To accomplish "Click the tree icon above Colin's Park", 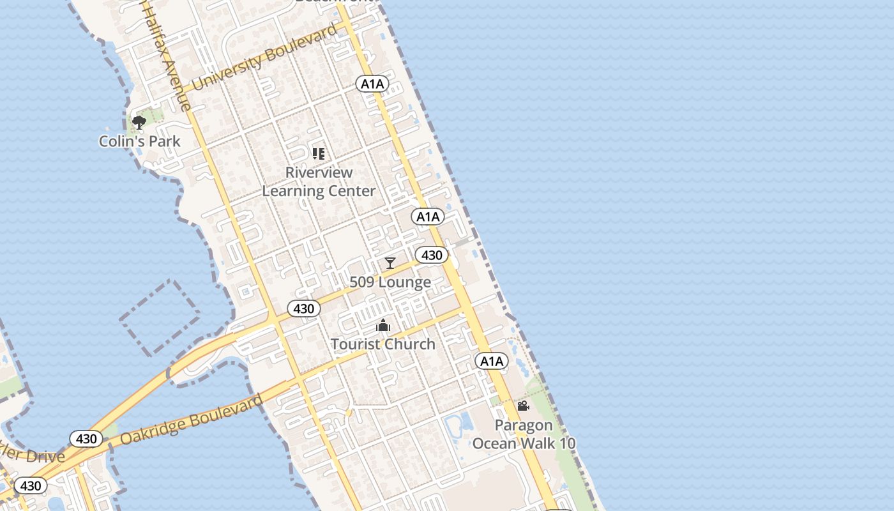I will point(139,122).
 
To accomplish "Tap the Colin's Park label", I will point(140,141).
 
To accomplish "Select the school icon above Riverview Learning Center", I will point(319,153).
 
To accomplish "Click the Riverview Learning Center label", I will point(319,182).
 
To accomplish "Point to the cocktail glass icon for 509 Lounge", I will point(390,263).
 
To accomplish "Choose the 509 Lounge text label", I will point(390,282).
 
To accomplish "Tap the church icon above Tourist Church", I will point(383,326).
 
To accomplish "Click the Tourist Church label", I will point(383,344).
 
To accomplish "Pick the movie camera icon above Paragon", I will point(523,406).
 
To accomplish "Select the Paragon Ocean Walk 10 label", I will point(524,434).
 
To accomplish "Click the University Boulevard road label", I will point(265,58).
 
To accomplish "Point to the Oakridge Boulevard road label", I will point(191,421).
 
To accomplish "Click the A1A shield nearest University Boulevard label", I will point(372,84).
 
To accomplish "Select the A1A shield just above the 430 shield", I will point(428,217).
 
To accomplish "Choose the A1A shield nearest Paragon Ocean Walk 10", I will point(492,362).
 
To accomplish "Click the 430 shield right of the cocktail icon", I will point(432,256).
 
